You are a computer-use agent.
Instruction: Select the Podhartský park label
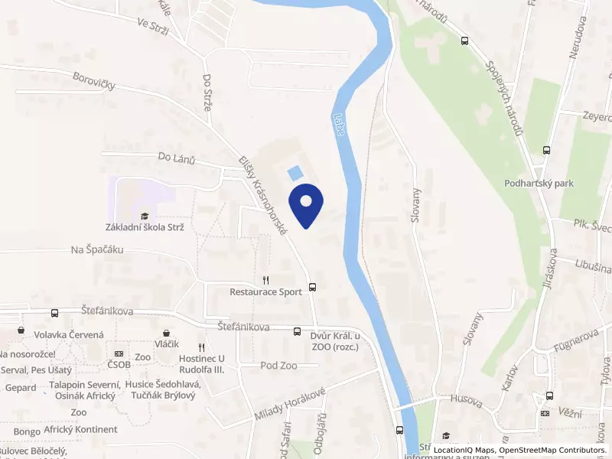point(539,184)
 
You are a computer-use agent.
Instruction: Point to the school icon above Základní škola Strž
point(145,216)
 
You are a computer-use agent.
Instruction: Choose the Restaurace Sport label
point(265,291)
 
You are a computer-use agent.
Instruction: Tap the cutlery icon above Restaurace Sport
point(265,280)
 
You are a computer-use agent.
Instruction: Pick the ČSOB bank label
point(119,365)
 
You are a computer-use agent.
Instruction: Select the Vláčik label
point(166,344)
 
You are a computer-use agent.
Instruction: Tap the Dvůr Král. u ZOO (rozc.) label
point(335,340)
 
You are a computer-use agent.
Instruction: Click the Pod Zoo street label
point(278,366)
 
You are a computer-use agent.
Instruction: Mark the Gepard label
point(20,388)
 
